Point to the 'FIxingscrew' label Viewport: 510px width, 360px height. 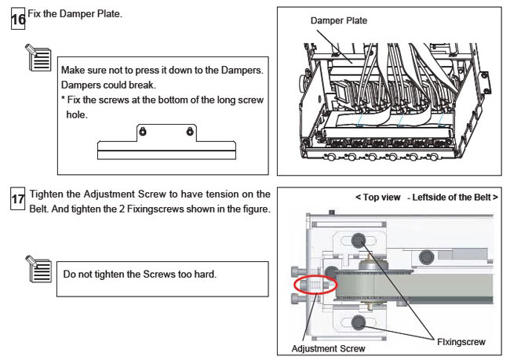[x=460, y=341]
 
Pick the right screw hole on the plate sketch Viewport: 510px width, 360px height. [x=189, y=131]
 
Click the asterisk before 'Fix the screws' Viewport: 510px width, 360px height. [x=64, y=100]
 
